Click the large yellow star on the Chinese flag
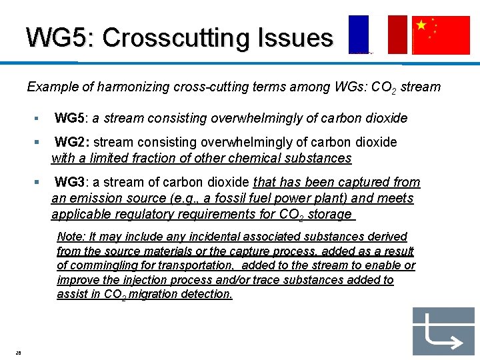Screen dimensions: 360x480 coord(421,25)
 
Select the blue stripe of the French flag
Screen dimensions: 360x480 coord(358,34)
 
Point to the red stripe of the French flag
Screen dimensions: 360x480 coord(397,34)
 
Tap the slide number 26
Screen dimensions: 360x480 coord(19,353)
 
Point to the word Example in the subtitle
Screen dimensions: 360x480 coord(51,87)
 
